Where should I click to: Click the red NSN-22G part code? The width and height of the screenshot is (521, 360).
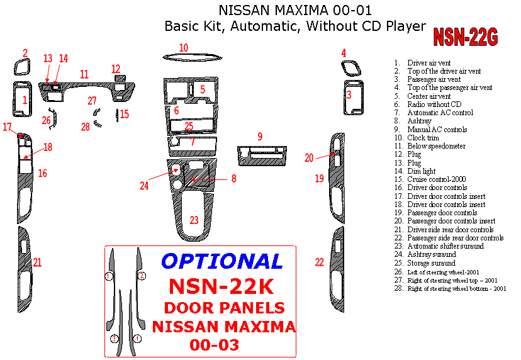pyautogui.click(x=465, y=38)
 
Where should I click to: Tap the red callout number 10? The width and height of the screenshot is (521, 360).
pyautogui.click(x=183, y=48)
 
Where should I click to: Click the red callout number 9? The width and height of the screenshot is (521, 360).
pyautogui.click(x=259, y=137)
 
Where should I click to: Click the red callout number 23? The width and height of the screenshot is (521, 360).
pyautogui.click(x=194, y=220)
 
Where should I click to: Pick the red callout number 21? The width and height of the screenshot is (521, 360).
pyautogui.click(x=38, y=262)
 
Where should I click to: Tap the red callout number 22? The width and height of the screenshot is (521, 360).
pyautogui.click(x=320, y=262)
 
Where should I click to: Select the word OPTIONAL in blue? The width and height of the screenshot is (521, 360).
pyautogui.click(x=222, y=261)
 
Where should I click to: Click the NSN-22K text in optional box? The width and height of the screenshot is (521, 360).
pyautogui.click(x=221, y=286)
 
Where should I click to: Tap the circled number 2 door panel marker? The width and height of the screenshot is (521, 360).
pyautogui.click(x=142, y=276)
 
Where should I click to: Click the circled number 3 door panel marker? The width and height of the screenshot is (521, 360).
pyautogui.click(x=115, y=339)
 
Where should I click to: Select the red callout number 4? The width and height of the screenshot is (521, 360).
pyautogui.click(x=344, y=53)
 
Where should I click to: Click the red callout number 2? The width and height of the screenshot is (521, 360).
pyautogui.click(x=25, y=53)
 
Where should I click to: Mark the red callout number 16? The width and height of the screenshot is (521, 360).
pyautogui.click(x=42, y=173)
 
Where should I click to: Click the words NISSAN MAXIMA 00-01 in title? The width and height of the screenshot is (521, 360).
pyautogui.click(x=295, y=11)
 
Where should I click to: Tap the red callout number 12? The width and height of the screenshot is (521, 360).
pyautogui.click(x=116, y=69)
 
